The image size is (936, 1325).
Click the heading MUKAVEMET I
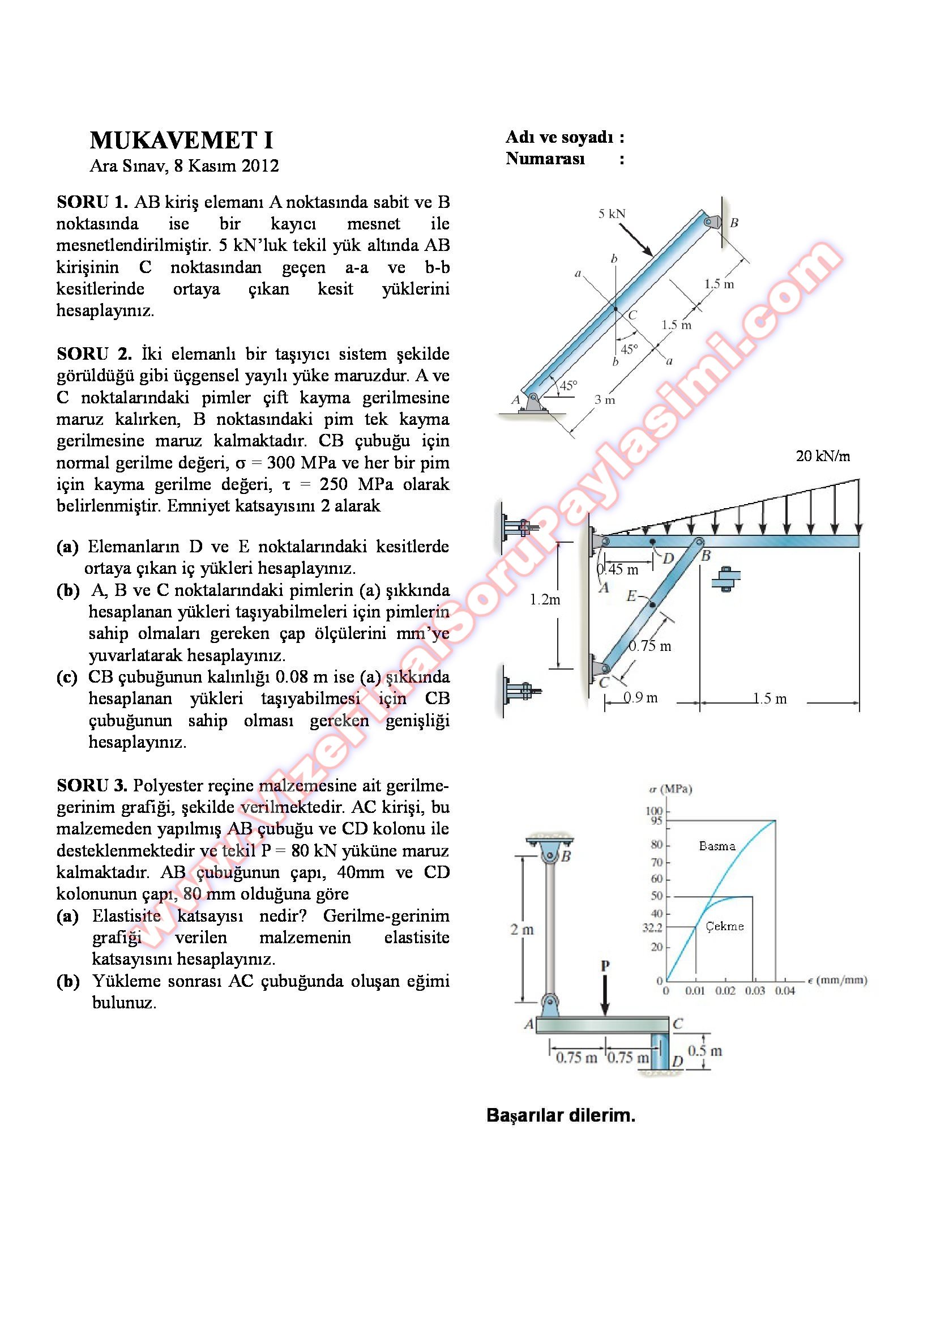click(x=181, y=140)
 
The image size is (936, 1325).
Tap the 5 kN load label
click(x=612, y=214)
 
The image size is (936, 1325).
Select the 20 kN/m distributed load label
click(x=822, y=457)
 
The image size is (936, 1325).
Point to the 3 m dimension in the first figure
click(x=604, y=399)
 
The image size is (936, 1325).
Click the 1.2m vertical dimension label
click(x=545, y=599)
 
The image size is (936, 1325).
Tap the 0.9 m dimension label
click(x=640, y=698)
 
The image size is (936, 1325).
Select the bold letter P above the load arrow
click(x=605, y=965)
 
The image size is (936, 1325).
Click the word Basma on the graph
click(x=717, y=846)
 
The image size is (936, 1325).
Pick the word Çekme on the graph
click(x=724, y=926)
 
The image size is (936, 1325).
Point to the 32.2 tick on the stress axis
click(x=652, y=928)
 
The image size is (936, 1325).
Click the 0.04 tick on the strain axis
click(x=784, y=991)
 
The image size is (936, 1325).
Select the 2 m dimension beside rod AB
click(x=522, y=930)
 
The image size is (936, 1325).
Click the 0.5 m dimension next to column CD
click(x=704, y=1050)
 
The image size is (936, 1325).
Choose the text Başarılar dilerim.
click(x=561, y=1115)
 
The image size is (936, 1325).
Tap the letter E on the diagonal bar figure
click(x=632, y=595)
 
